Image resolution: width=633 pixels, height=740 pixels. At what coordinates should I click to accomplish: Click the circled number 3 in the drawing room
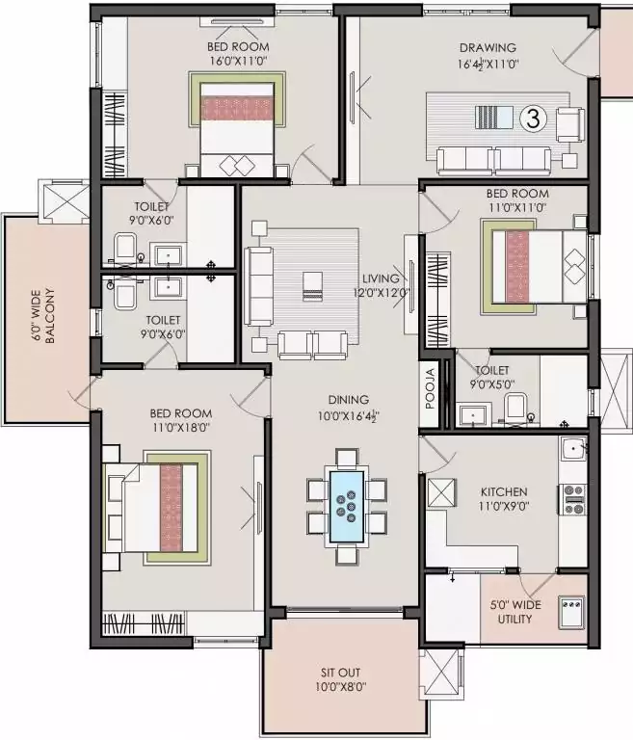[x=531, y=118]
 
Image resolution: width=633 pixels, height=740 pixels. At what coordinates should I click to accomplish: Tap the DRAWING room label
[x=487, y=47]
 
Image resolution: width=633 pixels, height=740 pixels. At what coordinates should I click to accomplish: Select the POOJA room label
[x=431, y=390]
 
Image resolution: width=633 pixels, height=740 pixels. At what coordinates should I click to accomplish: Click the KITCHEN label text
[x=504, y=491]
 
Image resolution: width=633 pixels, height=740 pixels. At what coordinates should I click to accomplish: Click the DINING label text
[x=347, y=400]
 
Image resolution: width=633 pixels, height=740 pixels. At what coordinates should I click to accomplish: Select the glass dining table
[x=347, y=501]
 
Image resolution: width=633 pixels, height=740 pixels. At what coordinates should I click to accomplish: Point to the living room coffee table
[x=310, y=285]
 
